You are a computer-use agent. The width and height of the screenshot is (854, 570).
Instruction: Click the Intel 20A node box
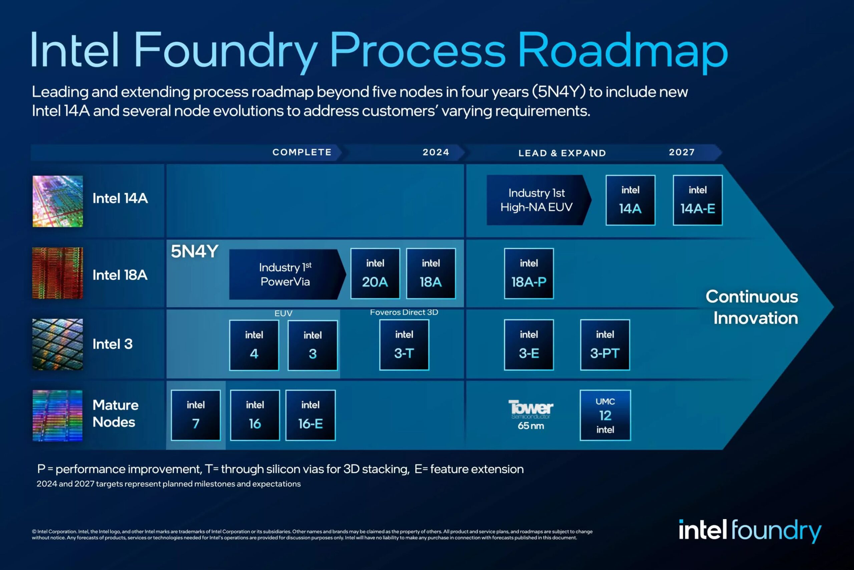[375, 273]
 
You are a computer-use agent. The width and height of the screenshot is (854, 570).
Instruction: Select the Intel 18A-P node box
[529, 273]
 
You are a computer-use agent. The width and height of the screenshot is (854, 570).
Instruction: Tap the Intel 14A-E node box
[698, 200]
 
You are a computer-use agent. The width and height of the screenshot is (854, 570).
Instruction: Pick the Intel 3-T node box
[404, 345]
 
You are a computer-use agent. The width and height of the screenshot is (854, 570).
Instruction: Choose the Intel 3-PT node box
[605, 345]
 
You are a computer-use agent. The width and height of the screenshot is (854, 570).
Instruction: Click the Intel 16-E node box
[311, 415]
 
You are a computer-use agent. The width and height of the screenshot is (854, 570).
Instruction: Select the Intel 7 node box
[196, 415]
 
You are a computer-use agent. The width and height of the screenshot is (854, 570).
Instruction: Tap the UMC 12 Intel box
[605, 415]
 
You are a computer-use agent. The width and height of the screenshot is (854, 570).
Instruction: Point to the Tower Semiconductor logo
[530, 409]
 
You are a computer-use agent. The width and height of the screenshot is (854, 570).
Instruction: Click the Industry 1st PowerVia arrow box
[285, 274]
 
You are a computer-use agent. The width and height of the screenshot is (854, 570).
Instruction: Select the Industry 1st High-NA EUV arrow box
[537, 200]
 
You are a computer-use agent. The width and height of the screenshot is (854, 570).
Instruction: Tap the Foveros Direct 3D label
[404, 312]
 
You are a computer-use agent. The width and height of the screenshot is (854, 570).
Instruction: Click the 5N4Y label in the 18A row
[194, 251]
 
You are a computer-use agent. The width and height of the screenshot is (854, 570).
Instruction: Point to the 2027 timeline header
[682, 152]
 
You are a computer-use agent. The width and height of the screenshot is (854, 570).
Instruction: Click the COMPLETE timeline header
[302, 152]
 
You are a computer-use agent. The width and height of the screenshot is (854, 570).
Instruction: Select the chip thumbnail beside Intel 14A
[58, 201]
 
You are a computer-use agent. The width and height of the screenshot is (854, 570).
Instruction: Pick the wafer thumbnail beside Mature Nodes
[58, 415]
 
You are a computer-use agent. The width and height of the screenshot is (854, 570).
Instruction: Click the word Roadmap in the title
[622, 50]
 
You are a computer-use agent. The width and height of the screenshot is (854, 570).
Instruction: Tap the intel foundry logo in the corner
[750, 530]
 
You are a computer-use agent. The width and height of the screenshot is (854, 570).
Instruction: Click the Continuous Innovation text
[752, 307]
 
